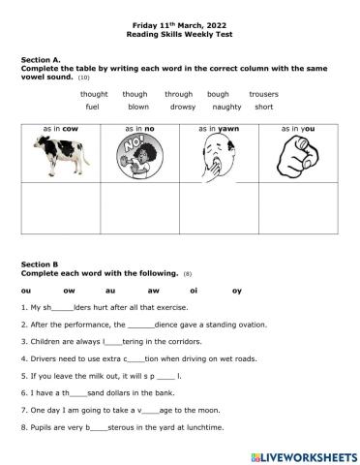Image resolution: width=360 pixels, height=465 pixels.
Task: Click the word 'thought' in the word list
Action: tap(93, 94)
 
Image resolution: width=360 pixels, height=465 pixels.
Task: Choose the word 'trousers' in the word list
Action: tap(263, 94)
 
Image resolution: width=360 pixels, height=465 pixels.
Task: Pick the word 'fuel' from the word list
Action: tap(92, 107)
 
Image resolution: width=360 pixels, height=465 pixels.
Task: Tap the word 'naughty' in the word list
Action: tap(226, 107)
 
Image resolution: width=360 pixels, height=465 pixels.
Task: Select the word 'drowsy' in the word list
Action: tap(183, 107)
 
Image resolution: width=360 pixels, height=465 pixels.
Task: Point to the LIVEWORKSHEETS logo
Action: tap(299, 453)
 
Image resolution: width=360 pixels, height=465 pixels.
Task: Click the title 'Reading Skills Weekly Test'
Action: tap(179, 34)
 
